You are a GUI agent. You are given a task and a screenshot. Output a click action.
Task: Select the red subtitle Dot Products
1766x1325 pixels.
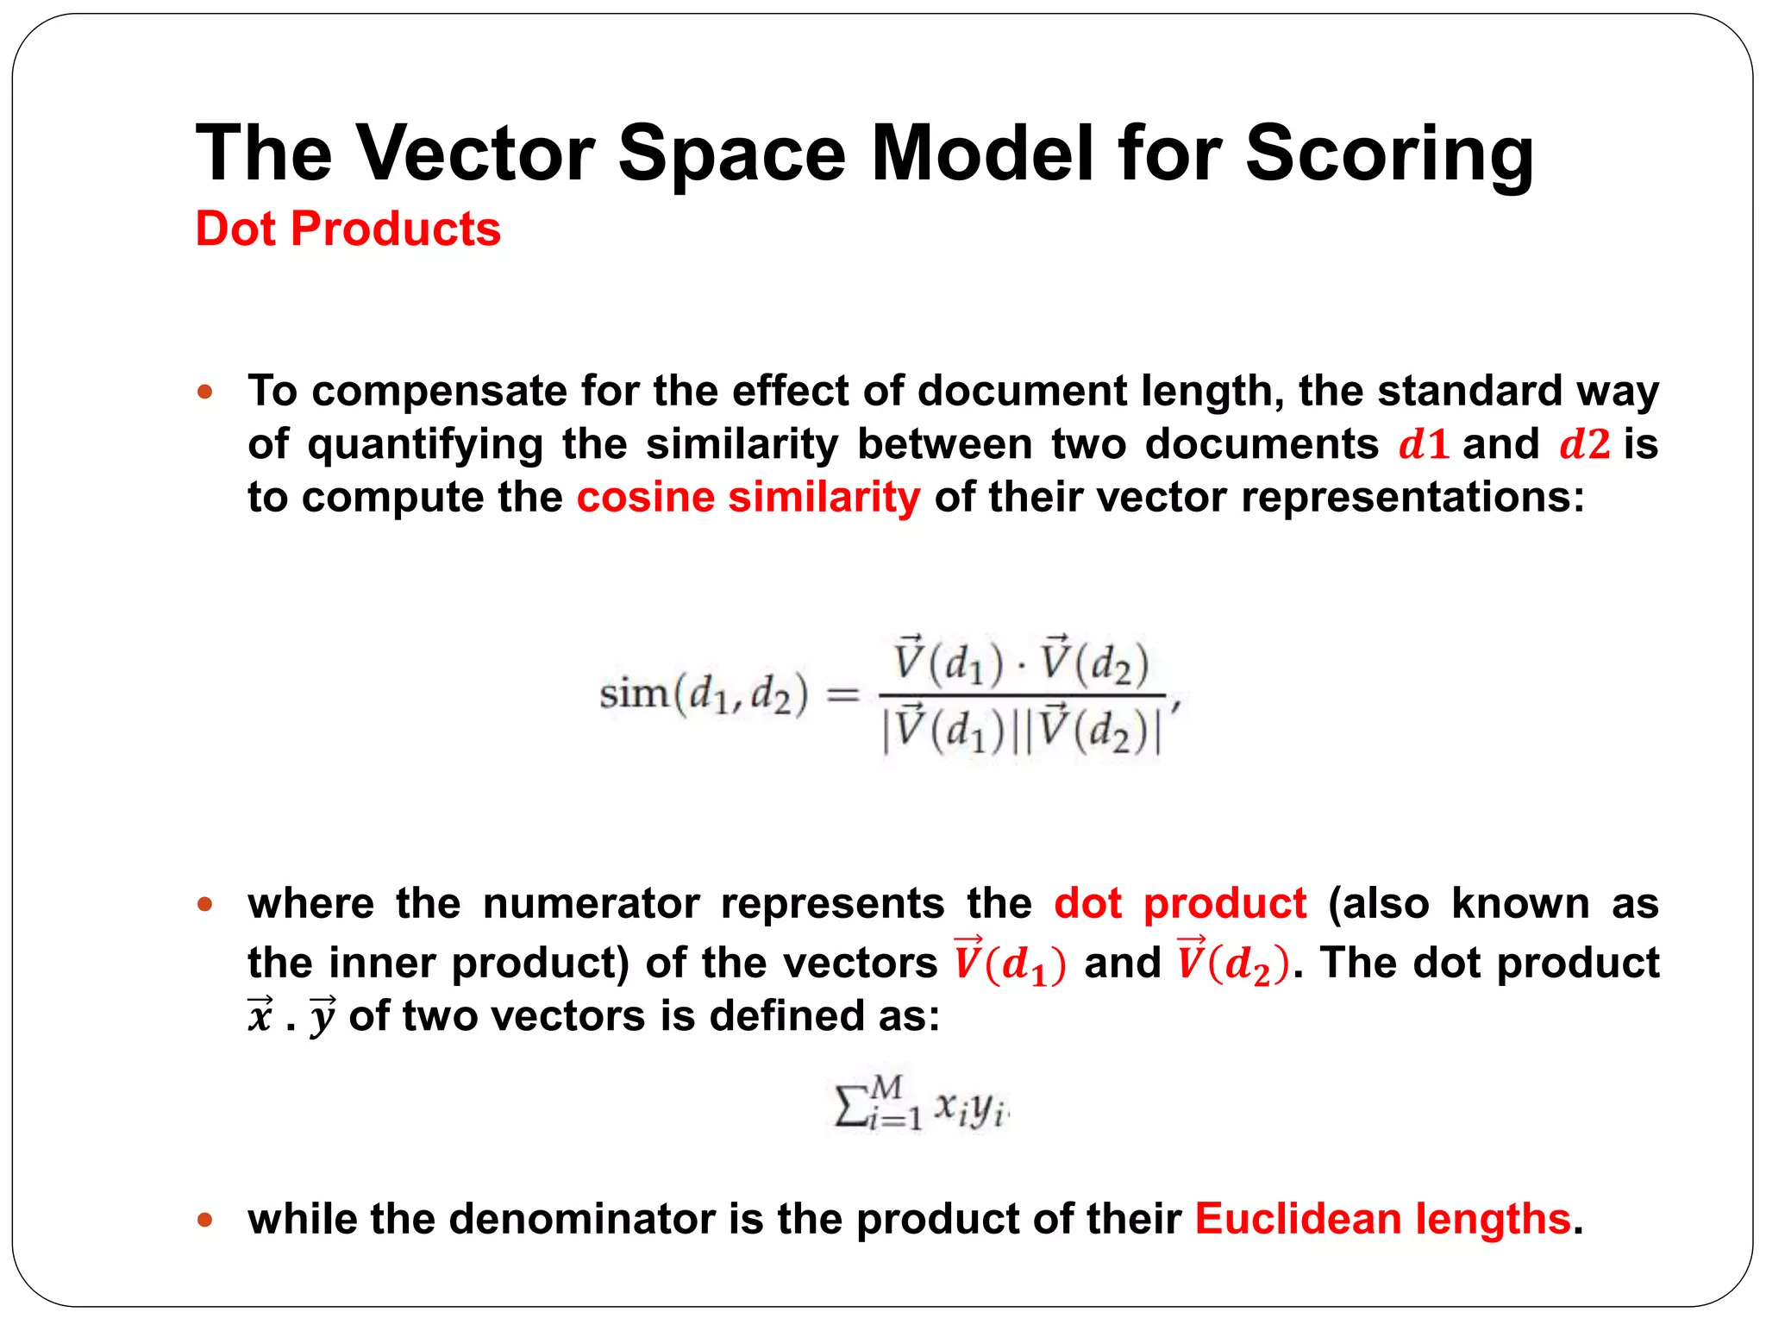click(x=348, y=229)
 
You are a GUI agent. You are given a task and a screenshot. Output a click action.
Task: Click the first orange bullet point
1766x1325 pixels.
click(x=205, y=392)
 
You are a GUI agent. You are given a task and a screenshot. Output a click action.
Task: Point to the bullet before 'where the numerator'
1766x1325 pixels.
click(x=205, y=905)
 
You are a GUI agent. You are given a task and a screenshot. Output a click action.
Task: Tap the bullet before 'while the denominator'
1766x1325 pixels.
click(x=205, y=1220)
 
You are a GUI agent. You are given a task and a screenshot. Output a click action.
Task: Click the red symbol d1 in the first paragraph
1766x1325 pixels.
click(x=1423, y=444)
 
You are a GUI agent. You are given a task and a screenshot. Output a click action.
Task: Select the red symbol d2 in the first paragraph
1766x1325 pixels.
click(x=1584, y=444)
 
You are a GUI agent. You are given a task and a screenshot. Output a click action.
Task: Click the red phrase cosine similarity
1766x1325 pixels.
click(x=748, y=498)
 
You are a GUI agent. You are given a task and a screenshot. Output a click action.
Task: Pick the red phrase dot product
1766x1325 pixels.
click(x=1180, y=904)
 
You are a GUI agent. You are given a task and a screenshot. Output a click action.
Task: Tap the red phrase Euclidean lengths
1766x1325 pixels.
click(x=1382, y=1219)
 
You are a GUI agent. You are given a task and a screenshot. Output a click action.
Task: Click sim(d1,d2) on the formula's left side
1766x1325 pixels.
click(x=704, y=694)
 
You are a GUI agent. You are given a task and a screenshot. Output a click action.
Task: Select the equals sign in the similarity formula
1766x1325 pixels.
click(x=842, y=694)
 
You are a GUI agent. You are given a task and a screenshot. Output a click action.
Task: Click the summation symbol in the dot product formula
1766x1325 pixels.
click(x=850, y=1108)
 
